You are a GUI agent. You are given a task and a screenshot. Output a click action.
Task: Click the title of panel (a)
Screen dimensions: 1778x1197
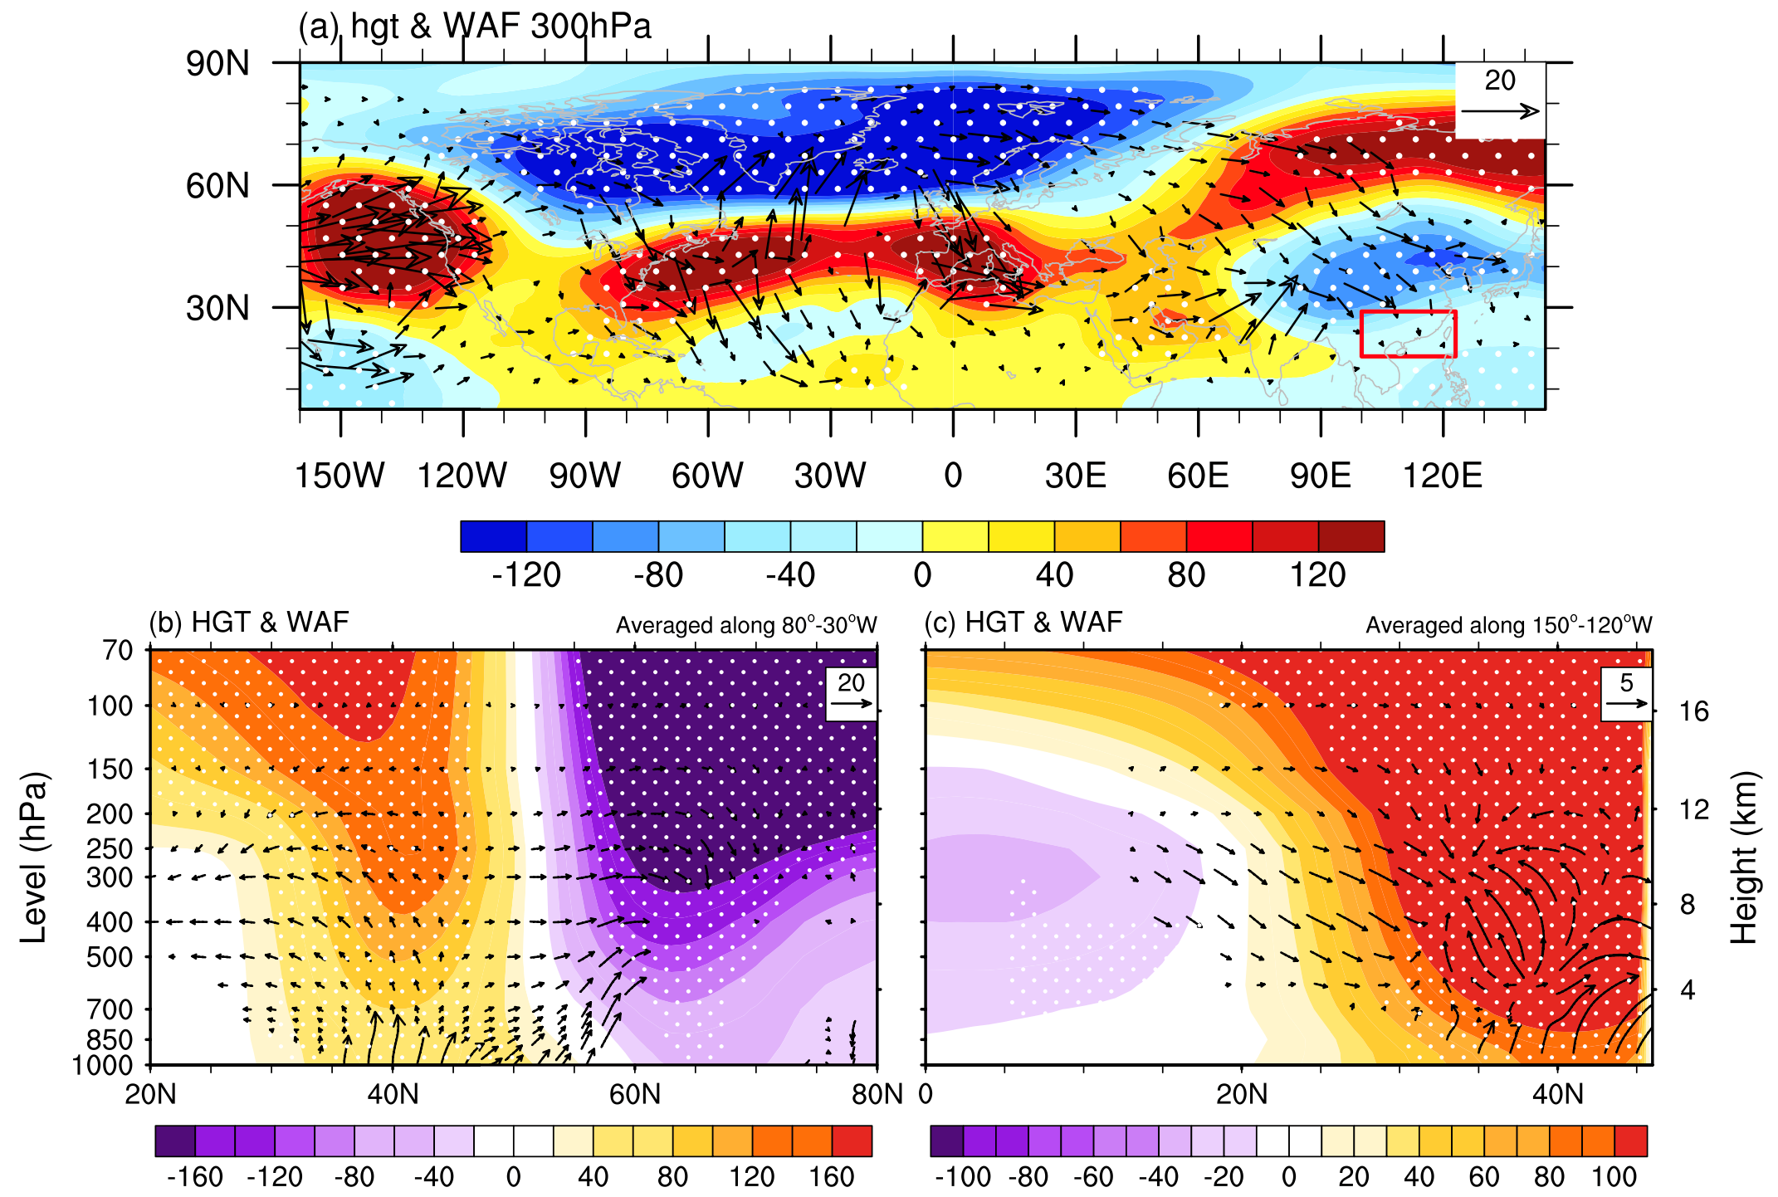(475, 27)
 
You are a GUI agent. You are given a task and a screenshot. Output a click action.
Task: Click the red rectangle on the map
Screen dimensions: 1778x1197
(1408, 312)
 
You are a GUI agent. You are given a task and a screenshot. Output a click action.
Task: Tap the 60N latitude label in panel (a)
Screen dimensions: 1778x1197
(217, 186)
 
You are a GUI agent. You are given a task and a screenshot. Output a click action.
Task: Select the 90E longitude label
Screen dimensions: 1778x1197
(1321, 476)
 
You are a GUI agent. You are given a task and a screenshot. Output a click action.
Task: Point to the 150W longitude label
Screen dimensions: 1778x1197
(340, 476)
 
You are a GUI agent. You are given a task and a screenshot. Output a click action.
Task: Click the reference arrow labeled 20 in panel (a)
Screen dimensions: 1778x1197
(1511, 112)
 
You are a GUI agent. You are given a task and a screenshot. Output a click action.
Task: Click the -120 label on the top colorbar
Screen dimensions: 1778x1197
(526, 574)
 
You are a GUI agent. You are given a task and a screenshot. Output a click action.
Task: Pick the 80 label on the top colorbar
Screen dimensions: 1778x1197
(1186, 574)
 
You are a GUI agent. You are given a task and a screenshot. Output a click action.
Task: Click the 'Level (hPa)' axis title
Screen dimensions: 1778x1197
(34, 857)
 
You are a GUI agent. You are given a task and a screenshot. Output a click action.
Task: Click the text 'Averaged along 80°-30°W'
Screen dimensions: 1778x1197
(746, 625)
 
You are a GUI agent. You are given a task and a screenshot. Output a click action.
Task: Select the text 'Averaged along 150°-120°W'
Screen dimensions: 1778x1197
(1509, 625)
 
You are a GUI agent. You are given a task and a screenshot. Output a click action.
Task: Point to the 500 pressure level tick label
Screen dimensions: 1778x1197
(110, 957)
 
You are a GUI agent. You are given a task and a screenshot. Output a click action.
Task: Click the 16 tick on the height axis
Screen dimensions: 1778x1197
(1694, 711)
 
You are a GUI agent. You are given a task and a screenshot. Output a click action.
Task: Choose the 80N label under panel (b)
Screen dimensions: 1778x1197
(877, 1094)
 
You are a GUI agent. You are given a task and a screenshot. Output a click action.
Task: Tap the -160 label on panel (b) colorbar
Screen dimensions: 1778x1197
(195, 1176)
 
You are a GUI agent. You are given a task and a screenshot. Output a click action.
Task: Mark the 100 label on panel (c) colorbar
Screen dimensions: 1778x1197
(1614, 1176)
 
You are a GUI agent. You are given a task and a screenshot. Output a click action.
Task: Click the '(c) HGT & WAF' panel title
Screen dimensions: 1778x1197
(1023, 622)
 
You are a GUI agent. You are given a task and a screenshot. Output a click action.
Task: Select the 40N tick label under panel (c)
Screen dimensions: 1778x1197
(1558, 1094)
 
